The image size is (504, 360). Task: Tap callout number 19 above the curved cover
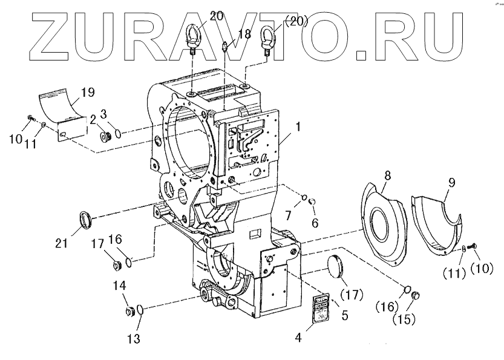(x=87, y=93)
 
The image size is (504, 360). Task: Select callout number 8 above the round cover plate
(x=388, y=176)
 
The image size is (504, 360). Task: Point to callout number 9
(x=451, y=182)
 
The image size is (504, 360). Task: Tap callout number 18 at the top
(x=243, y=34)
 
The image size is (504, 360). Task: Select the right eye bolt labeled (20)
(x=267, y=38)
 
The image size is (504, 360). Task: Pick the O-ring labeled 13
(x=140, y=310)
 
